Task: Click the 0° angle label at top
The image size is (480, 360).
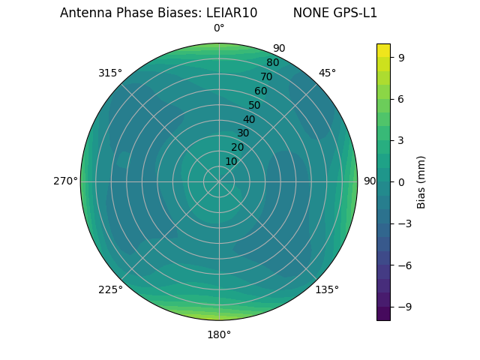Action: pos(219,28)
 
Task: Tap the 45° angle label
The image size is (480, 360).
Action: pos(327,73)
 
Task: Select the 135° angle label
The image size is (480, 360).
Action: pos(327,289)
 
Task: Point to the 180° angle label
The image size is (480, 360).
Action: pos(219,334)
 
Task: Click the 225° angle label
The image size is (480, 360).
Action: pos(110,290)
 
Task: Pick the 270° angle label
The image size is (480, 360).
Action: pos(66,181)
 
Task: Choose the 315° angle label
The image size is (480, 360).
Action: pos(110,73)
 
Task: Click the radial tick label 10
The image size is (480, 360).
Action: pos(231,161)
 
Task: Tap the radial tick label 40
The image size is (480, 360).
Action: pos(249,119)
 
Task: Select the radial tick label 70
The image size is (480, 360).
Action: pos(267,76)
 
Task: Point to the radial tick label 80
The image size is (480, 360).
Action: pos(272,63)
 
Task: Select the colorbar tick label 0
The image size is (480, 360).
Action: pos(402,181)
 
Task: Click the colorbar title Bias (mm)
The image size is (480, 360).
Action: pos(421,181)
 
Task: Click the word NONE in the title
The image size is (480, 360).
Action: pos(308,13)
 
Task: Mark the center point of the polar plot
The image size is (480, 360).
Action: pos(219,181)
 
